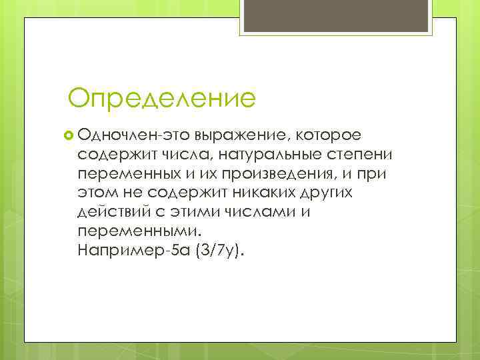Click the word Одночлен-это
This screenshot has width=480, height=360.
click(134, 135)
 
